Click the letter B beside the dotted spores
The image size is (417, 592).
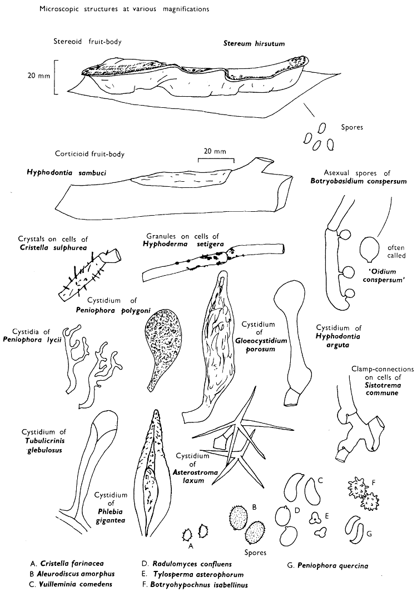pos(254,507)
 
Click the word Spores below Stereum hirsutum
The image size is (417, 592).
pos(352,127)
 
